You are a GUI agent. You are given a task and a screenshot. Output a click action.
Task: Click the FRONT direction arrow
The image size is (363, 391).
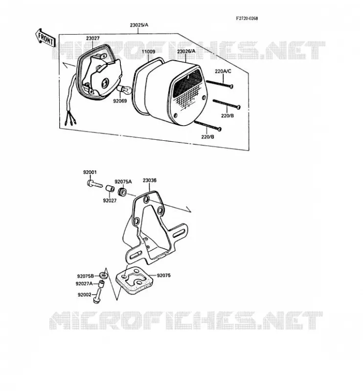[x=45, y=38]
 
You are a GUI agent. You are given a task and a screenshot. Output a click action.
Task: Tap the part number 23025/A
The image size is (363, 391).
[x=139, y=25]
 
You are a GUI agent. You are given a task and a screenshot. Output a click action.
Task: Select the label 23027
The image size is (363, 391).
[x=93, y=39]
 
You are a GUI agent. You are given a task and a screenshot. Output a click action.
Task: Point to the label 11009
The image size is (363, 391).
[x=148, y=52]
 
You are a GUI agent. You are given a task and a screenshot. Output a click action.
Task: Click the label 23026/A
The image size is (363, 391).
[x=186, y=52]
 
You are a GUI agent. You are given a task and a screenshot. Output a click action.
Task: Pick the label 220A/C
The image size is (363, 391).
[x=223, y=71]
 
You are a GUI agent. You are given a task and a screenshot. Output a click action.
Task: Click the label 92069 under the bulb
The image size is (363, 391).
[x=120, y=101]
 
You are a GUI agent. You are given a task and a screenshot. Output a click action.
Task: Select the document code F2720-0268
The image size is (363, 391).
[x=247, y=19]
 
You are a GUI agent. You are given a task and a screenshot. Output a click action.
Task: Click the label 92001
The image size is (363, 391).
[x=90, y=173]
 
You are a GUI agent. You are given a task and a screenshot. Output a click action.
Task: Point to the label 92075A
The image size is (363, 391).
[x=123, y=181]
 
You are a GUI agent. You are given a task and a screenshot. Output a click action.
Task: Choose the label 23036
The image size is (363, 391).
[x=150, y=180]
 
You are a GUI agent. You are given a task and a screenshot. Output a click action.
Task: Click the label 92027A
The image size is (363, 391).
[x=84, y=283]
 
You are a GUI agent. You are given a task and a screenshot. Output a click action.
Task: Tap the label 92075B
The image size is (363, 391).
[x=86, y=276]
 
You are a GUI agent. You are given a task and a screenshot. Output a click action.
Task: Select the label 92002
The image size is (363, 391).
[x=85, y=295]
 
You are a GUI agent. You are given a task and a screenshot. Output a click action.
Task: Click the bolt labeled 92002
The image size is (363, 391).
[x=97, y=296]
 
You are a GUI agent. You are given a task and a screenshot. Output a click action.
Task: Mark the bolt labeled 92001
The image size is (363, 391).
[x=94, y=184]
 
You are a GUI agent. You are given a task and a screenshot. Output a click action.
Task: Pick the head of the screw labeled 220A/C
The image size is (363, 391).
[x=231, y=87]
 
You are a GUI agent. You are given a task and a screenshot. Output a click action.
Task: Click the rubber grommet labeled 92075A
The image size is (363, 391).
[x=122, y=192]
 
